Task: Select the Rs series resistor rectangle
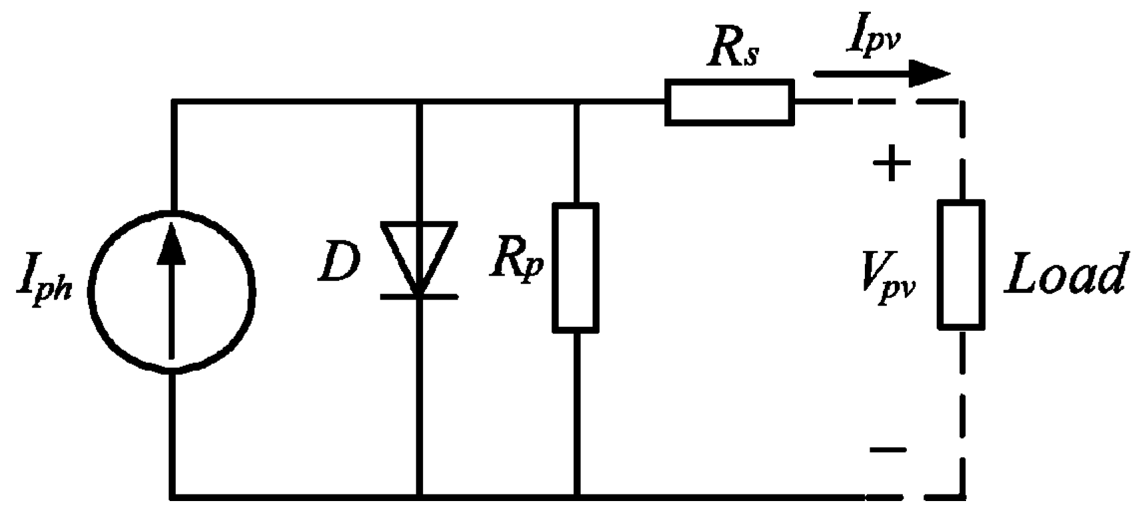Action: pyautogui.click(x=729, y=102)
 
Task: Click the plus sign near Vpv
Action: pyautogui.click(x=891, y=163)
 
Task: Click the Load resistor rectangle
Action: pyautogui.click(x=961, y=265)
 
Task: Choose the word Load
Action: pyautogui.click(x=1064, y=273)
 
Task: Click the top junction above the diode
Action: pyautogui.click(x=418, y=102)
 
